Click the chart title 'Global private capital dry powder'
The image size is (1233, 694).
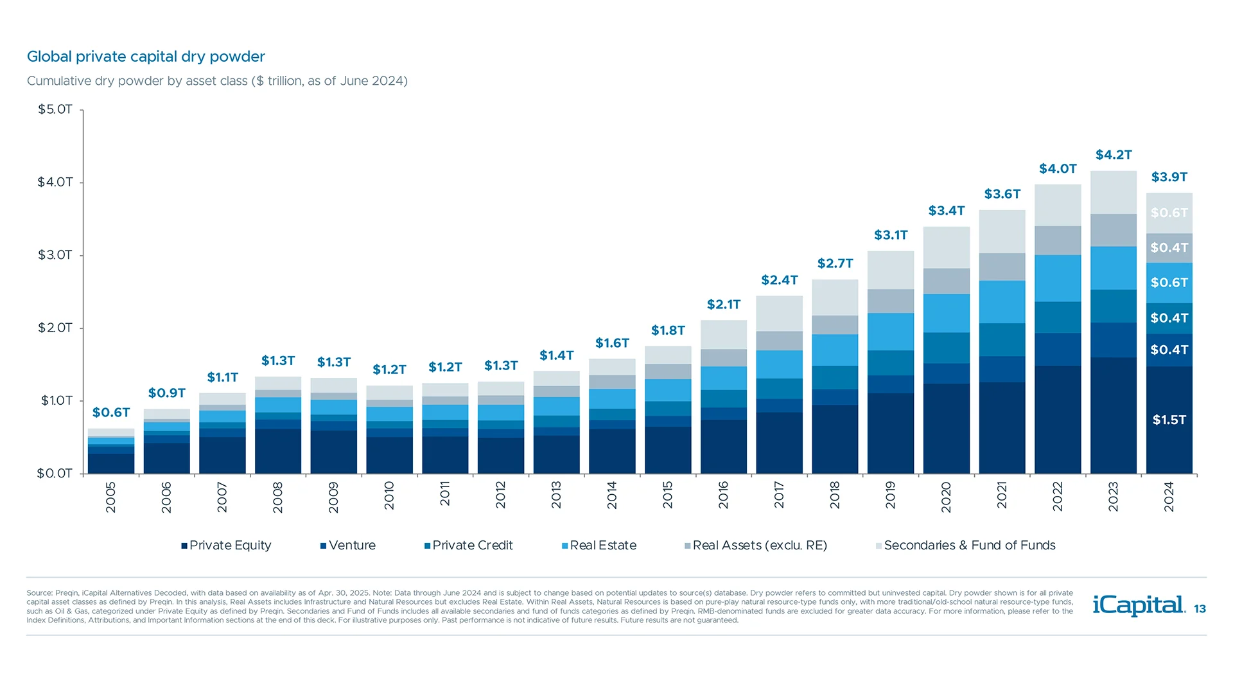[x=146, y=57]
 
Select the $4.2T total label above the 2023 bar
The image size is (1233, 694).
[x=1114, y=155]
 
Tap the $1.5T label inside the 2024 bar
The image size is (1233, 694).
[x=1169, y=420]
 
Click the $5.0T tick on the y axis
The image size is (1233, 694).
[x=55, y=109]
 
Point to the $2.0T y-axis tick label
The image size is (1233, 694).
[x=55, y=328]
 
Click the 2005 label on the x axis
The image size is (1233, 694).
[x=110, y=497]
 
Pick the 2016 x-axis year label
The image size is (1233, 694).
[x=723, y=495]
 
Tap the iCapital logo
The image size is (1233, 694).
[x=1139, y=605]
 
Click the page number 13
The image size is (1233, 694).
[x=1200, y=609]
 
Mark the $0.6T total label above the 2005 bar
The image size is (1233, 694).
[x=111, y=413]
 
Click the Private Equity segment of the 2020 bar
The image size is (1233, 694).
[x=946, y=429]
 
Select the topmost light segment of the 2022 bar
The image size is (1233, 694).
[x=1058, y=205]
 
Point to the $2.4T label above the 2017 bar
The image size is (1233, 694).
[x=779, y=280]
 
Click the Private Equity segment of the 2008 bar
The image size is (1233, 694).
[x=277, y=451]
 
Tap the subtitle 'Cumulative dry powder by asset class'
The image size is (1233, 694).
[x=217, y=81]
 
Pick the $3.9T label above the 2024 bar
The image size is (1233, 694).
[x=1169, y=177]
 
